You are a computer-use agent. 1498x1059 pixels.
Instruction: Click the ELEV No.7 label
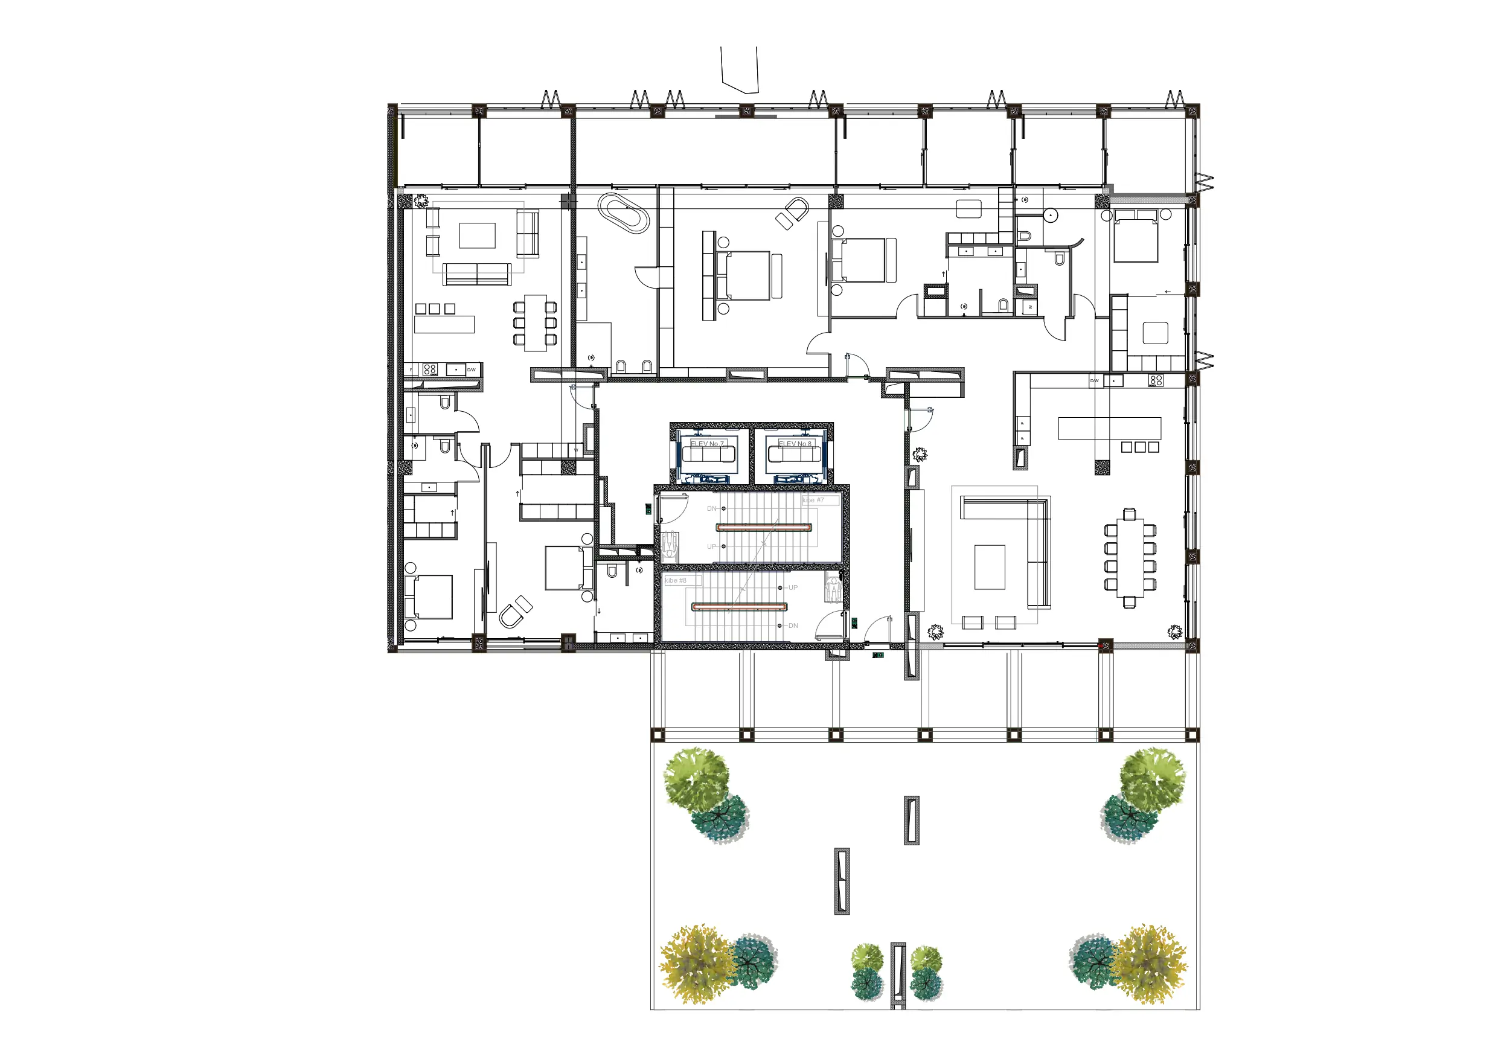[707, 444]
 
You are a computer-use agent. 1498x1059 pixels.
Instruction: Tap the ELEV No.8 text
[795, 444]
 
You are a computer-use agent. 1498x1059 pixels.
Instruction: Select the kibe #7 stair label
[813, 500]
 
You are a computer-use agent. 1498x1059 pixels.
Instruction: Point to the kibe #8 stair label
[675, 580]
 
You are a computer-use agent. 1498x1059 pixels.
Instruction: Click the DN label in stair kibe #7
[712, 508]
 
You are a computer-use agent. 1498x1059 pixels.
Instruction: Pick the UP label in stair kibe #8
[793, 587]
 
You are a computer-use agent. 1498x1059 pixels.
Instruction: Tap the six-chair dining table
[535, 322]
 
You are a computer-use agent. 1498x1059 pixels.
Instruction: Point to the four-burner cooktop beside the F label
[429, 370]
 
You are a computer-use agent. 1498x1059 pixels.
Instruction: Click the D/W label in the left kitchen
[471, 370]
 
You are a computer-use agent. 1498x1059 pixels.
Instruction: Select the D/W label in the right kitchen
[1094, 380]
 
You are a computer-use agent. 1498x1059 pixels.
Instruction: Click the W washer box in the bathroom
[1030, 307]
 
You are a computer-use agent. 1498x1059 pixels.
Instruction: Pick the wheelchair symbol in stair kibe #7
[669, 544]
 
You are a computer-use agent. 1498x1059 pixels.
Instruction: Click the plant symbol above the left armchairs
[422, 200]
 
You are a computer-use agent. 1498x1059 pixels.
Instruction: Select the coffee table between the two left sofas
[477, 235]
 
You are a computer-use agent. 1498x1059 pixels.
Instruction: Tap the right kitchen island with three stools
[1109, 428]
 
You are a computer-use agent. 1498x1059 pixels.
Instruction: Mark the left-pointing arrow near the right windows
[1167, 292]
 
